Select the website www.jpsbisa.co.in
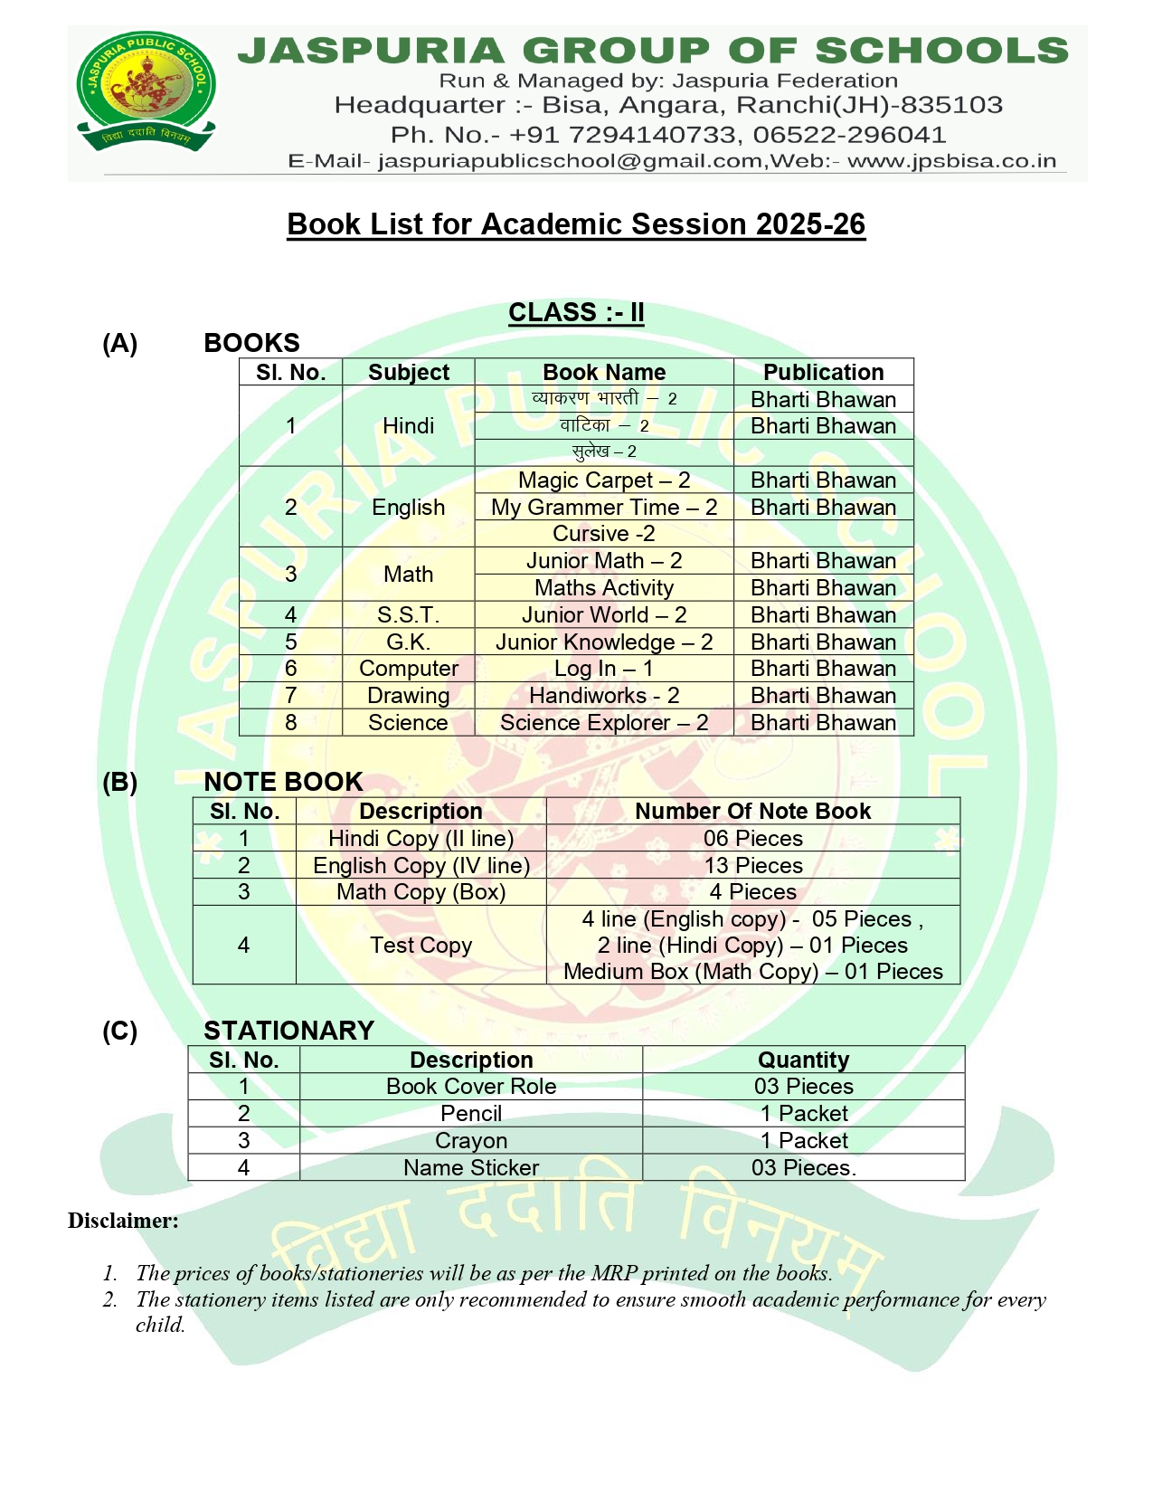coord(951,161)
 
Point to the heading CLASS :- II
coord(576,312)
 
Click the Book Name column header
coord(603,372)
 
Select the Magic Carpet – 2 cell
coord(603,480)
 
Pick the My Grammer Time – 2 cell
coord(603,507)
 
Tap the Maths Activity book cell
coord(603,587)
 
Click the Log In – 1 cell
coord(603,668)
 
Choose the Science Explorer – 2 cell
coord(603,722)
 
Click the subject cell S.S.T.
coord(408,614)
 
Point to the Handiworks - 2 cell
coord(603,695)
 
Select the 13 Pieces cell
coord(752,865)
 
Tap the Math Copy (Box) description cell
coord(421,891)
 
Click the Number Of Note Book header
coord(752,811)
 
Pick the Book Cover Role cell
coord(470,1086)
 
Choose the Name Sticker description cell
coord(470,1167)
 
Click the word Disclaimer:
coord(123,1221)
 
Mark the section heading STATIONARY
coord(288,1030)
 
